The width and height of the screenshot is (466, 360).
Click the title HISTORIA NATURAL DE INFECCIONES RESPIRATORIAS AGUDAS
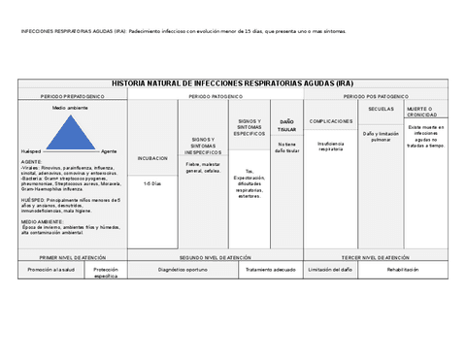pyautogui.click(x=233, y=84)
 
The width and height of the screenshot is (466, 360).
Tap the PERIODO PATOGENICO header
pyautogui.click(x=216, y=97)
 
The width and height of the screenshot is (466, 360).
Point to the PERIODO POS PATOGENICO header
pyautogui.click(x=375, y=97)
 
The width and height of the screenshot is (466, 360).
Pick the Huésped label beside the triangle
pyautogui.click(x=31, y=152)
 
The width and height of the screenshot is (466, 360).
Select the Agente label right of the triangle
pyautogui.click(x=109, y=152)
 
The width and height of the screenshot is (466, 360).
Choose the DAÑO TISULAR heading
pyautogui.click(x=287, y=125)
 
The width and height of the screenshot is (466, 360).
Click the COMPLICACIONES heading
pyautogui.click(x=331, y=121)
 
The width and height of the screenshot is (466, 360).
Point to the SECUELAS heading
pyautogui.click(x=382, y=109)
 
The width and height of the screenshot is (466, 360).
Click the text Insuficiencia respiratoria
pyautogui.click(x=331, y=147)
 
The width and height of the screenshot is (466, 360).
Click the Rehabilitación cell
pyautogui.click(x=403, y=269)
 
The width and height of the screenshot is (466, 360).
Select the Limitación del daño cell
pyautogui.click(x=331, y=269)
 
